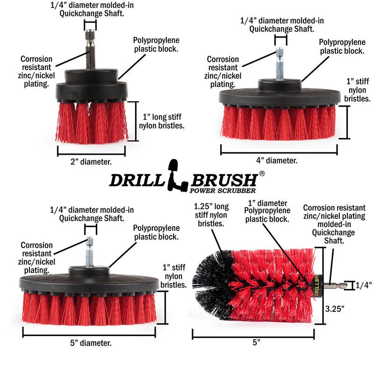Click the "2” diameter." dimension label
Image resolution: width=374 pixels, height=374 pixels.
click(91, 162)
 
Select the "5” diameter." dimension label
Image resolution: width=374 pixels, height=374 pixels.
click(89, 343)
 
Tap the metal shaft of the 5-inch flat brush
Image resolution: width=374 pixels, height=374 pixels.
click(89, 252)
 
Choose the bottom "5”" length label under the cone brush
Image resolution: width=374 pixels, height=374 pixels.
click(255, 342)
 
